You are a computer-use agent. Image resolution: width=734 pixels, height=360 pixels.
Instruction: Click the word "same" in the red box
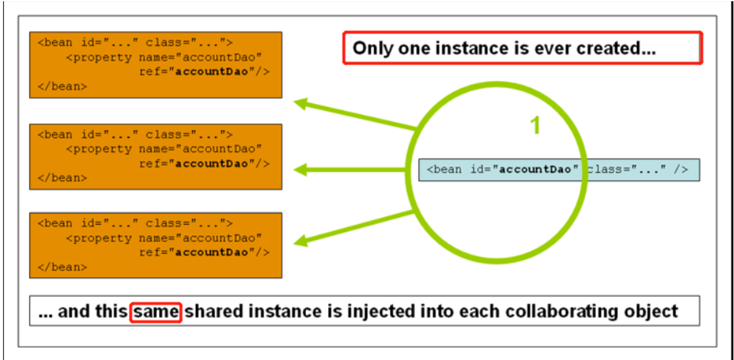(x=156, y=312)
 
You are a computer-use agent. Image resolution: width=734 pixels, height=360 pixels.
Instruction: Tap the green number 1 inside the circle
(x=535, y=126)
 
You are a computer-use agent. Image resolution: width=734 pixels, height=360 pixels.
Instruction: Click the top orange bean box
(x=156, y=65)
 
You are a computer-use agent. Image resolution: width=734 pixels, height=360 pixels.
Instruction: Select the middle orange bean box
(x=156, y=157)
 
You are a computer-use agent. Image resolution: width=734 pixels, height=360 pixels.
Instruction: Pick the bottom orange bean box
(x=156, y=245)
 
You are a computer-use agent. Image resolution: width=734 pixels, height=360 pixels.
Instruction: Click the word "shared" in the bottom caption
(x=212, y=312)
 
